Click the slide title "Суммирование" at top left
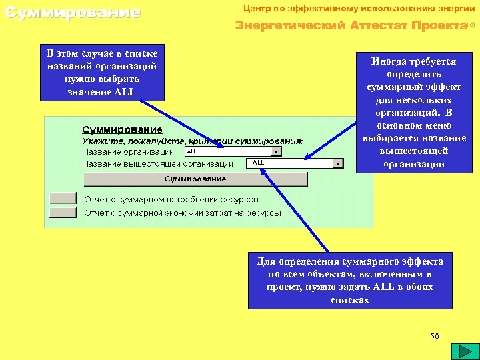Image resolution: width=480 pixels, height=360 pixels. tap(73, 13)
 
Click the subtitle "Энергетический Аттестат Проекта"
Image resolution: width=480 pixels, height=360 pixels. tap(350, 26)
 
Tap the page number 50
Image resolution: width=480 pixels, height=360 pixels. tap(435, 336)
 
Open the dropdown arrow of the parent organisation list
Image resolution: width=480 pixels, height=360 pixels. tap(338, 163)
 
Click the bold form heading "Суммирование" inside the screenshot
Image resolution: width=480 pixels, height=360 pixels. tap(122, 129)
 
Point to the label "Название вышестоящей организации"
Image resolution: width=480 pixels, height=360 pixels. tap(157, 163)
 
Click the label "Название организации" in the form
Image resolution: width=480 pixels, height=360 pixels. tap(128, 152)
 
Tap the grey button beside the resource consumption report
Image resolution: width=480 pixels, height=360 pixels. tap(63, 198)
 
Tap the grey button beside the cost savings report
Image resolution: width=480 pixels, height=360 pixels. tap(63, 213)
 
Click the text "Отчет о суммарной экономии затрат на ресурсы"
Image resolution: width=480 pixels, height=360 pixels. tap(182, 213)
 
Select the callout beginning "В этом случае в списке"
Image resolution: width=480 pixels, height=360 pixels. tap(103, 72)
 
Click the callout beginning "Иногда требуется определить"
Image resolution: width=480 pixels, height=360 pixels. tap(414, 113)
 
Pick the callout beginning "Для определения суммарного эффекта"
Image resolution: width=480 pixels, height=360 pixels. tap(349, 281)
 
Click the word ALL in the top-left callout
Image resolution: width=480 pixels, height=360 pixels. tap(125, 92)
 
